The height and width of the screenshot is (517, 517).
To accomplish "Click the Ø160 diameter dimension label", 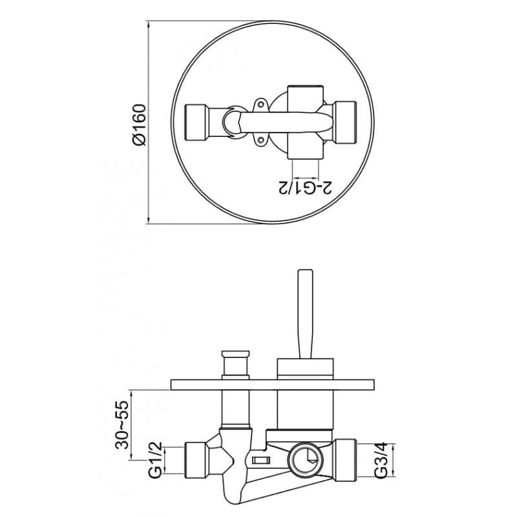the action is click(139, 124).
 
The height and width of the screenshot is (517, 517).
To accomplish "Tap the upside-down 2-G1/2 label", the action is click(306, 187).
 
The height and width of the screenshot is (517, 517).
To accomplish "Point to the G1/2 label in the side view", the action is click(155, 459).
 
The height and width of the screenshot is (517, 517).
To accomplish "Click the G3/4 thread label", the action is click(381, 460).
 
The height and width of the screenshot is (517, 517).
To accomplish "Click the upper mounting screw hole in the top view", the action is click(261, 105).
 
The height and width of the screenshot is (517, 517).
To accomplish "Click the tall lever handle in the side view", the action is click(305, 314).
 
